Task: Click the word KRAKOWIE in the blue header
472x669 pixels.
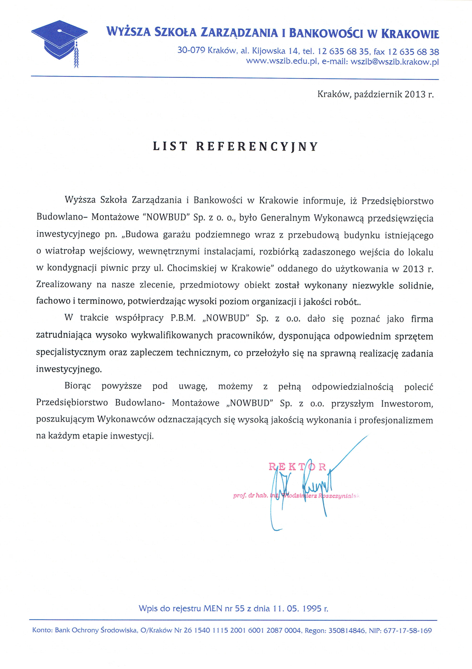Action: click(x=410, y=33)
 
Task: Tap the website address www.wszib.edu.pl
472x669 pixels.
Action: click(x=281, y=62)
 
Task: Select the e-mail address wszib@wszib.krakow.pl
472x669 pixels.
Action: click(x=395, y=62)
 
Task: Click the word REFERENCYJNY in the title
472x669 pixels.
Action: click(x=257, y=146)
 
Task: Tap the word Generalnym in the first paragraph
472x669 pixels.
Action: click(x=285, y=218)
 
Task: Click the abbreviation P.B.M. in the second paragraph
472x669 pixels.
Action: click(x=183, y=318)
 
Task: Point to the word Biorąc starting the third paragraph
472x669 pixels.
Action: click(x=78, y=386)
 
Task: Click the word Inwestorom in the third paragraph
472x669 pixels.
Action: click(x=407, y=403)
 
